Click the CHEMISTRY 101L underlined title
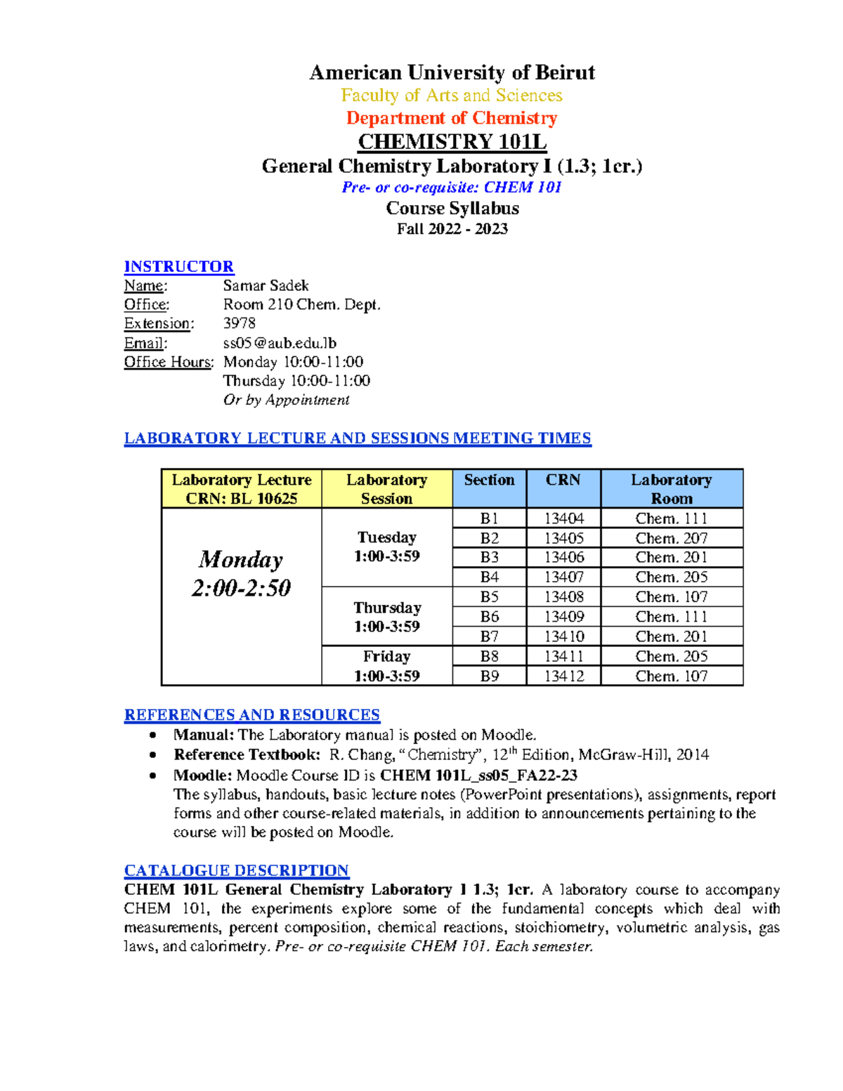pyautogui.click(x=452, y=141)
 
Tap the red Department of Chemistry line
pyautogui.click(x=452, y=118)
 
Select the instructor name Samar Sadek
pyautogui.click(x=266, y=285)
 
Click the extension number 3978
pyautogui.click(x=239, y=323)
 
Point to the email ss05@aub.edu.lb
pyautogui.click(x=280, y=343)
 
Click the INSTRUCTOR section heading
pyautogui.click(x=178, y=266)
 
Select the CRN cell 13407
pyautogui.click(x=563, y=577)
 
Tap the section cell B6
pyautogui.click(x=489, y=616)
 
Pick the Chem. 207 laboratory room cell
pyautogui.click(x=671, y=538)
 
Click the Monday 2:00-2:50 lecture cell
pyautogui.click(x=241, y=573)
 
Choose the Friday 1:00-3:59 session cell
pyautogui.click(x=386, y=666)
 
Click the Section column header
pyautogui.click(x=489, y=481)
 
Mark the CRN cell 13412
pyautogui.click(x=563, y=676)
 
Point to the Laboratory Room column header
pyautogui.click(x=671, y=489)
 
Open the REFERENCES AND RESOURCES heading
pyautogui.click(x=251, y=714)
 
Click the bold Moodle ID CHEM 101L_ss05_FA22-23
pyautogui.click(x=478, y=776)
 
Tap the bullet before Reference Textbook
pyautogui.click(x=153, y=755)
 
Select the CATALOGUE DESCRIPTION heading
pyautogui.click(x=236, y=870)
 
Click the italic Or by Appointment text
pyautogui.click(x=286, y=400)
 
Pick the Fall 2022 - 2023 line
pyautogui.click(x=452, y=229)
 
